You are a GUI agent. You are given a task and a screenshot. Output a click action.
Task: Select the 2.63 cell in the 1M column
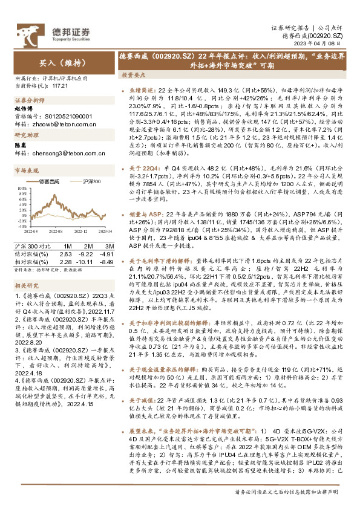pyautogui.click(x=66, y=254)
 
